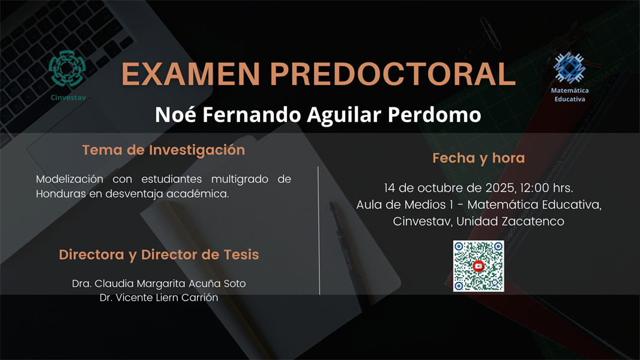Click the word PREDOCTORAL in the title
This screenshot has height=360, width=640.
393,74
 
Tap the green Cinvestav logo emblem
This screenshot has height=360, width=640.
67,69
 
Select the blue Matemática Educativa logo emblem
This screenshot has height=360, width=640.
569,67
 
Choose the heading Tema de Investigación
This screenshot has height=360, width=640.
163,150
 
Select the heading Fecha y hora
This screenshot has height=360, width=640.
478,158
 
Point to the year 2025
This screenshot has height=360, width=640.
510,188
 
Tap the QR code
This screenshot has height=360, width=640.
478,266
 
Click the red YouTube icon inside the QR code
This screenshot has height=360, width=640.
478,266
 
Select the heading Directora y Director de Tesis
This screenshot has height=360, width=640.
159,254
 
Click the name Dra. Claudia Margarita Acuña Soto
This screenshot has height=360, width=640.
159,283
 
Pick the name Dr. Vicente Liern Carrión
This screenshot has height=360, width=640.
159,298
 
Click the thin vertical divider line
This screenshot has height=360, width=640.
318,231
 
